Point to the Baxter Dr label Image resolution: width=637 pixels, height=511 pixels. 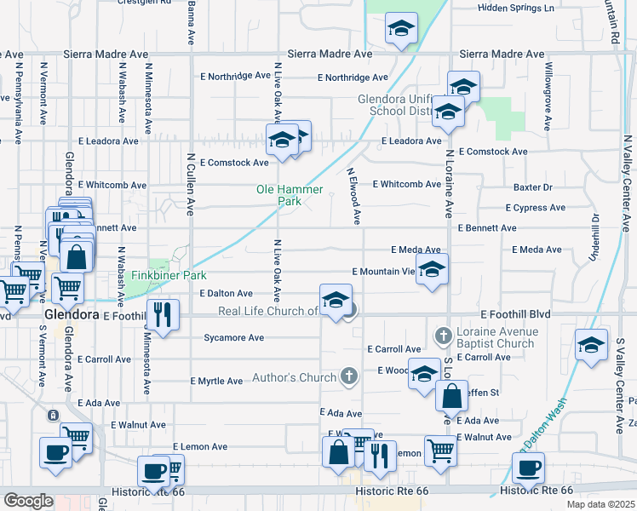pyautogui.click(x=532, y=187)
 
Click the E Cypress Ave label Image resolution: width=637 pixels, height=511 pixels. pyautogui.click(x=535, y=208)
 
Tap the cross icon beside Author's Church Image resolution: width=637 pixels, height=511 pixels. pyautogui.click(x=348, y=376)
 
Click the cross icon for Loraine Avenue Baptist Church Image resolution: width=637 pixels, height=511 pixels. pyautogui.click(x=442, y=336)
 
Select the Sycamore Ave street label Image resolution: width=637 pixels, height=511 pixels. pyautogui.click(x=233, y=338)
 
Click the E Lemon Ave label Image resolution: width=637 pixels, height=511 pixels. pyautogui.click(x=200, y=446)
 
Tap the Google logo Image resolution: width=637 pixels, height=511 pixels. pyautogui.click(x=28, y=501)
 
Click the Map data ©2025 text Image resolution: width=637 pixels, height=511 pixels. pyautogui.click(x=600, y=504)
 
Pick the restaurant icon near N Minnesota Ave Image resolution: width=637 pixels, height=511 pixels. pyautogui.click(x=163, y=313)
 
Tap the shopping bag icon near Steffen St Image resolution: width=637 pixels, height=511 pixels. pyautogui.click(x=451, y=395)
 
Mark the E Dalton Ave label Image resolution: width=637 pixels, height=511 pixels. pyautogui.click(x=226, y=293)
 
